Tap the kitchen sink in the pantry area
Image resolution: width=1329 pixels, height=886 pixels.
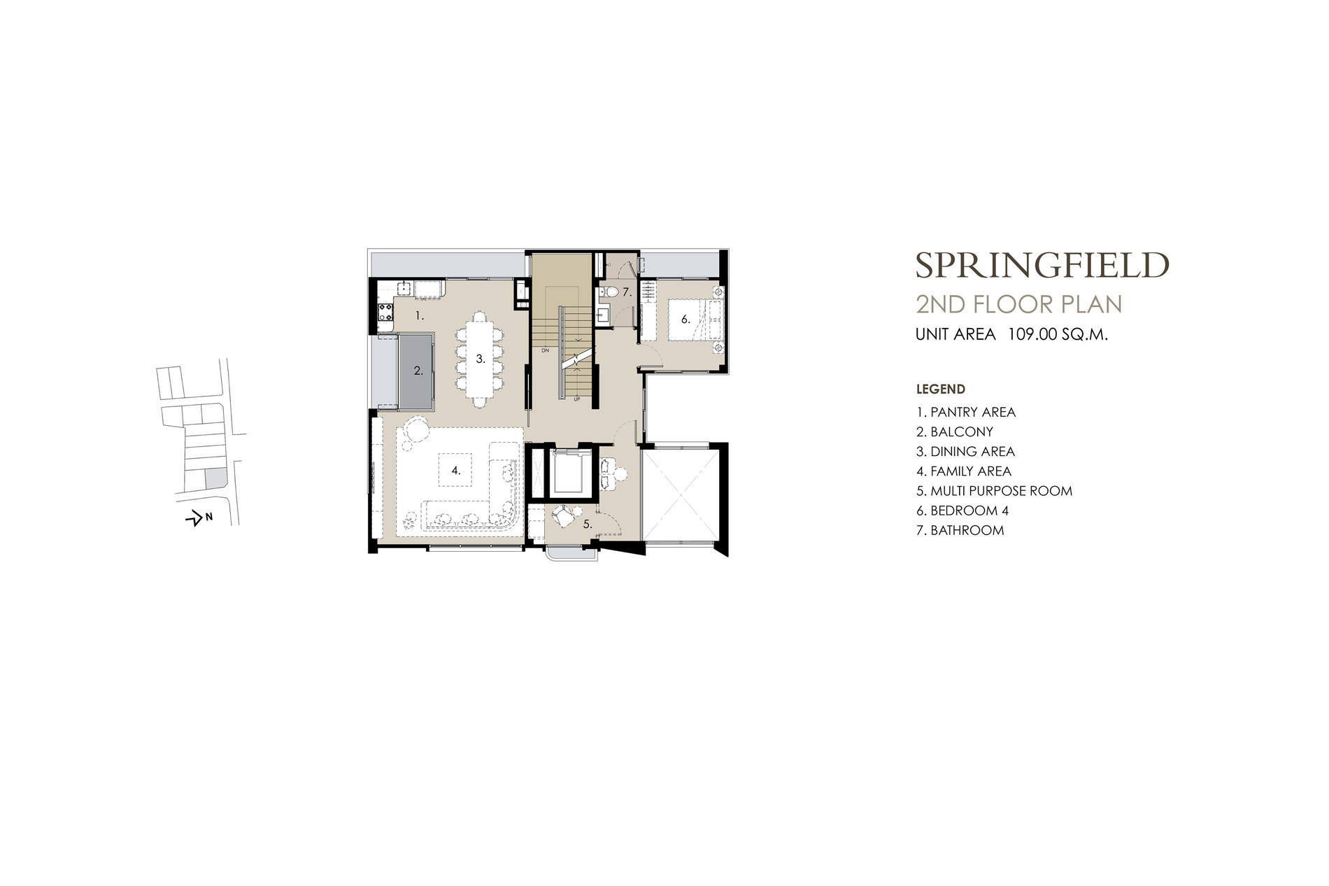[404, 287]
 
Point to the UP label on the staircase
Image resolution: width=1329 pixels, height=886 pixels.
[576, 399]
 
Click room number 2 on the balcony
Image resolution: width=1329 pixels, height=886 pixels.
[418, 371]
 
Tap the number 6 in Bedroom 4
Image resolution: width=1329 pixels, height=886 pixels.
[685, 320]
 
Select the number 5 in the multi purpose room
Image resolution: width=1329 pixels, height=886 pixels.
[588, 523]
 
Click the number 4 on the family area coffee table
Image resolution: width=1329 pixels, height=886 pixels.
[456, 471]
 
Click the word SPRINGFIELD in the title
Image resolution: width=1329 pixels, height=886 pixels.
[1042, 266]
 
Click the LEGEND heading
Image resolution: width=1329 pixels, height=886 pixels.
[941, 390]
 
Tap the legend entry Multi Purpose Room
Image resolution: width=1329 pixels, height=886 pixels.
[994, 491]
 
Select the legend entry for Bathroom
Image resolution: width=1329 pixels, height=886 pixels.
[960, 530]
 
